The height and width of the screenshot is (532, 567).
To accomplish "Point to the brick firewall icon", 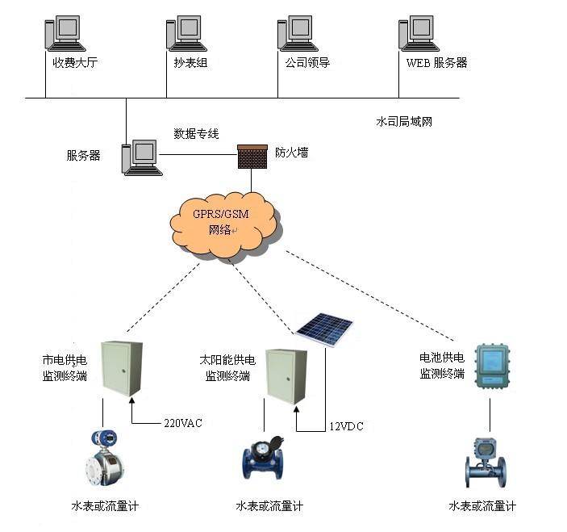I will (x=252, y=156).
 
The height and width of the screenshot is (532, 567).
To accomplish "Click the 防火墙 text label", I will (x=291, y=152).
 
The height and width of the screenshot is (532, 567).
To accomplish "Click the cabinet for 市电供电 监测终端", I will (x=121, y=368).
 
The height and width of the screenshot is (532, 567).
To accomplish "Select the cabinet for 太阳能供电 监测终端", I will (x=287, y=375).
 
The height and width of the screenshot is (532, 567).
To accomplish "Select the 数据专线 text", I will (x=196, y=133).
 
